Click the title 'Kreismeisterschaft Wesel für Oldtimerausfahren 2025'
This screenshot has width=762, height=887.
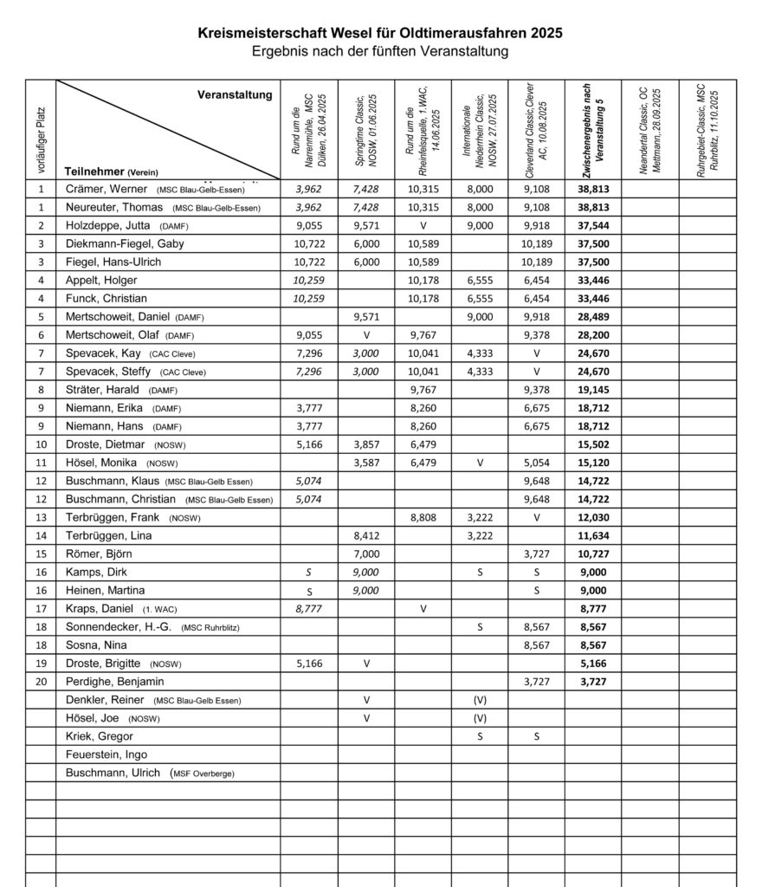click(x=380, y=33)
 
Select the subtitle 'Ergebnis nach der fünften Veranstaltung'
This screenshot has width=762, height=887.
click(x=380, y=51)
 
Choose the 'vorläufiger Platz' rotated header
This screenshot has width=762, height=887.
click(x=41, y=130)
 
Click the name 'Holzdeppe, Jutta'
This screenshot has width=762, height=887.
click(x=110, y=225)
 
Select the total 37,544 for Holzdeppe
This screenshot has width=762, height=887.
click(x=593, y=225)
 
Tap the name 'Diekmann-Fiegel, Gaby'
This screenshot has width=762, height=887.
click(x=125, y=243)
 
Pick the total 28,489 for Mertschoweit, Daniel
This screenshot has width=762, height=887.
click(x=593, y=317)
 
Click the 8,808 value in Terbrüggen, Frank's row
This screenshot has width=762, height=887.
click(x=423, y=518)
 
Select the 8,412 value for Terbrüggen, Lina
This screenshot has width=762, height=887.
click(x=366, y=536)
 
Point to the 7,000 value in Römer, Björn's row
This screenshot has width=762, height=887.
click(x=366, y=554)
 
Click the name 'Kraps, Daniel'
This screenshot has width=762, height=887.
click(x=99, y=609)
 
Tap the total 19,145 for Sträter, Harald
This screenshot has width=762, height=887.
click(x=593, y=390)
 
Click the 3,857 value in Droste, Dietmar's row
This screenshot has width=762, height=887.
click(x=366, y=444)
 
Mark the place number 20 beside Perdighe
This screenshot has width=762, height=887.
click(x=41, y=682)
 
